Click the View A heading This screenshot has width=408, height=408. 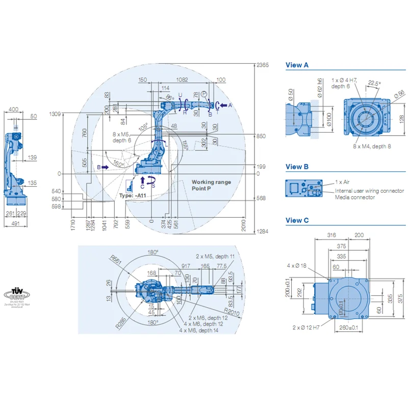coord(297,65)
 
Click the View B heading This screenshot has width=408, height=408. coord(297,167)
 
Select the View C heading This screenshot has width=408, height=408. coord(297,220)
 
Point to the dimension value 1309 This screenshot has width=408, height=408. coord(55,114)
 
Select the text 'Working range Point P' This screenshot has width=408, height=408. coord(211,186)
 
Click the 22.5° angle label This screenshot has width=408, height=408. coord(374,83)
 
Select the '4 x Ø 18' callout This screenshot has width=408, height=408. coord(297,265)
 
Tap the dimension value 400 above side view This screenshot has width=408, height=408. coord(14,109)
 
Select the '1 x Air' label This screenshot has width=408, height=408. coord(342,182)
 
